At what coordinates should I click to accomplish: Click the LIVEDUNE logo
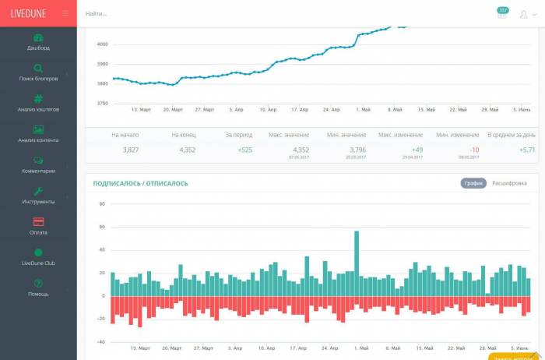(x=28, y=13)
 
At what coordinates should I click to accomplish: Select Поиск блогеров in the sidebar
(x=38, y=72)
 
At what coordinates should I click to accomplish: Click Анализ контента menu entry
(x=38, y=134)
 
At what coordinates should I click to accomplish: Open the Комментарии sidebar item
(x=38, y=164)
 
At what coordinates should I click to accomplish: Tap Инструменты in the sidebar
(x=38, y=196)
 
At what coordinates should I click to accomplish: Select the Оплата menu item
(x=38, y=226)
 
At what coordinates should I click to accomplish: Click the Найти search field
(x=234, y=14)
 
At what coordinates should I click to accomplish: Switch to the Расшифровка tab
(x=509, y=183)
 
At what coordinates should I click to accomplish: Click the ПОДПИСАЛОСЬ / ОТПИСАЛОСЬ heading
(x=140, y=184)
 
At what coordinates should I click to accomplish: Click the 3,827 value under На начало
(x=131, y=150)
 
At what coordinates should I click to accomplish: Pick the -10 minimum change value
(x=474, y=150)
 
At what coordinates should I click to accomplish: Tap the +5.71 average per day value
(x=527, y=150)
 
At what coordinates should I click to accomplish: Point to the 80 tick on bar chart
(x=101, y=204)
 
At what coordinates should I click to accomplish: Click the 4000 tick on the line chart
(x=102, y=44)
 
